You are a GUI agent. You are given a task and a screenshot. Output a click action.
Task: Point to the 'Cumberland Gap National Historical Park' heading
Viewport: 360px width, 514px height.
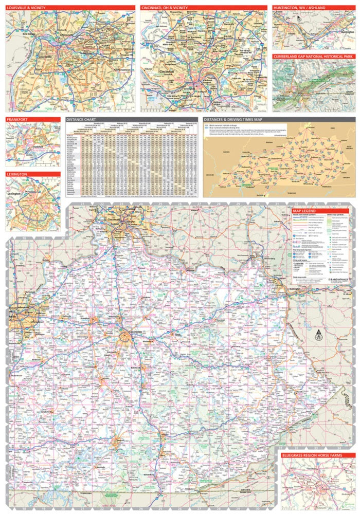pos(313,56)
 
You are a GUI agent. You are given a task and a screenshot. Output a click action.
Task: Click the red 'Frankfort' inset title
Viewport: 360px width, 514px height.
pos(17,119)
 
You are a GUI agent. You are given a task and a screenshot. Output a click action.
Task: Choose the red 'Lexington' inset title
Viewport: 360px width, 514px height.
pos(17,174)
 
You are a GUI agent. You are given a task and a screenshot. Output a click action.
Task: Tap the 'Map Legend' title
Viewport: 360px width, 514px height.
pos(304,211)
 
